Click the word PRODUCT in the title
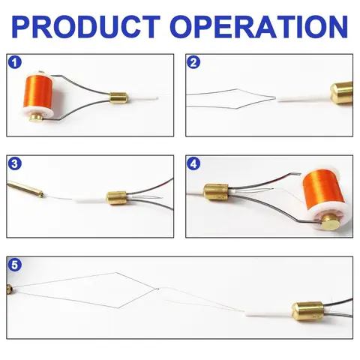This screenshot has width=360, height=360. [x=85, y=27]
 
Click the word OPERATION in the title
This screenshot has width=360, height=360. [x=260, y=27]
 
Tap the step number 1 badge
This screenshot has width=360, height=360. [x=15, y=62]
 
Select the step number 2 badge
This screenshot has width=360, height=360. [x=193, y=62]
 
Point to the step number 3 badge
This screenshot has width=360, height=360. [x=15, y=163]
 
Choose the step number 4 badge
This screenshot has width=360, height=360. [x=193, y=163]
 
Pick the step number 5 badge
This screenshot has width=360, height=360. [x=15, y=265]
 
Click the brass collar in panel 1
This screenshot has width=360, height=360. [x=119, y=98]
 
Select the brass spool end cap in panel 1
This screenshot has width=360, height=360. [x=37, y=117]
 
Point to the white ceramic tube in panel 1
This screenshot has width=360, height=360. [x=142, y=97]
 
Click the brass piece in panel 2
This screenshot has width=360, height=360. [x=341, y=93]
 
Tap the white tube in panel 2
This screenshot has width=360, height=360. [x=303, y=99]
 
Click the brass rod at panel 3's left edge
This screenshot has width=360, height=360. [x=25, y=189]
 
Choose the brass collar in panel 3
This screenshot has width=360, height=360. [x=117, y=198]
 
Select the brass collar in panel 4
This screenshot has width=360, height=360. [x=216, y=193]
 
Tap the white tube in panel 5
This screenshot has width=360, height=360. [x=268, y=313]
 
